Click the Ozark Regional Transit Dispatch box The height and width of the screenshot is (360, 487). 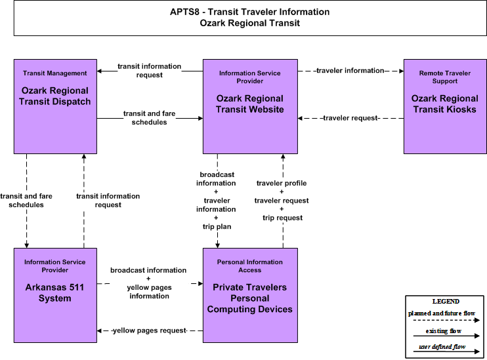point(55,106)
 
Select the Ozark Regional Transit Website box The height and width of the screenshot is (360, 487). point(250,106)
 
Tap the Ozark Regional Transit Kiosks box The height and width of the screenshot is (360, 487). point(445,106)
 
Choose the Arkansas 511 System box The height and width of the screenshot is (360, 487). point(55,296)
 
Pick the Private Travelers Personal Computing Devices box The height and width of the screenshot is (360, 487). point(250,296)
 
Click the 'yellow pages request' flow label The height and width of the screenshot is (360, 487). point(150,330)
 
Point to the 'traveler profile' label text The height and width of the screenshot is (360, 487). point(282,183)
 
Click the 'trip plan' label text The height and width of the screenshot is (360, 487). point(217,226)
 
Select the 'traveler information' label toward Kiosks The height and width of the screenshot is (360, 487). point(350,70)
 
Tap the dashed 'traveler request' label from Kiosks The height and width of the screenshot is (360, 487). point(350,118)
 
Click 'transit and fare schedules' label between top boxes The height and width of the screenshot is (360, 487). point(150,118)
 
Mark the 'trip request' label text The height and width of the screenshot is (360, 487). point(282,218)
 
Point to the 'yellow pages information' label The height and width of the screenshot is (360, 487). point(150,292)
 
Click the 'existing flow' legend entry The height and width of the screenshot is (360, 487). point(444,331)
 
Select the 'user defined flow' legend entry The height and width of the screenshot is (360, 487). point(442,347)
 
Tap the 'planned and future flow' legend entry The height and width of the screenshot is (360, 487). point(442,313)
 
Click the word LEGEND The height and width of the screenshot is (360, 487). point(446,302)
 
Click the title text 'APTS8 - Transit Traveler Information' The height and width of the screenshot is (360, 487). point(249,12)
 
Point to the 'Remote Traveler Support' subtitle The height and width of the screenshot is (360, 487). point(445,77)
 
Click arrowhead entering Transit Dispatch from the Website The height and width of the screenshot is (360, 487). point(99,71)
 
